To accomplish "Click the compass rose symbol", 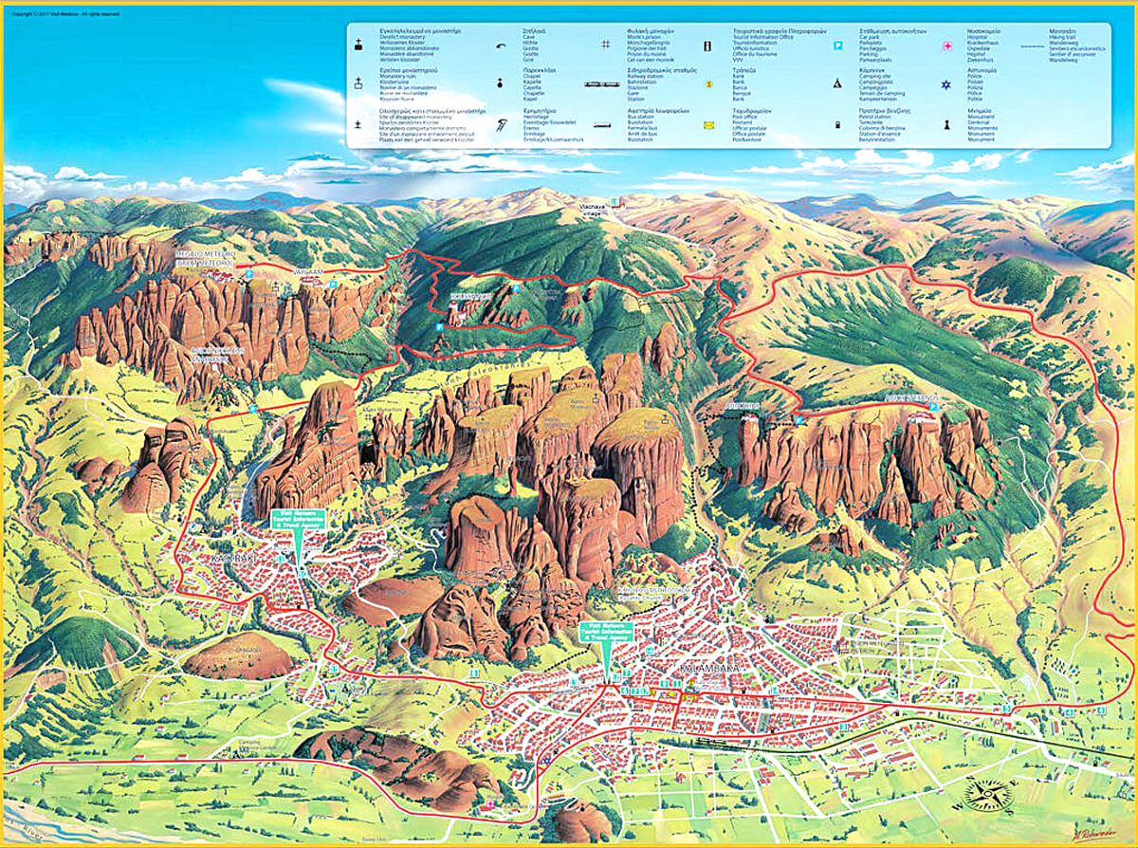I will [x=987, y=795].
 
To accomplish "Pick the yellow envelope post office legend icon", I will [x=707, y=125].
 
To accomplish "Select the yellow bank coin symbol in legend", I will [x=707, y=84].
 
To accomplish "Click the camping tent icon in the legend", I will [x=838, y=84].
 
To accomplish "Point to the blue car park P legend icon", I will [x=838, y=46].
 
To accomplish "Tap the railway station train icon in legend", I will [x=604, y=84].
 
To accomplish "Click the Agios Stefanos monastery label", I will [x=910, y=397].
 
